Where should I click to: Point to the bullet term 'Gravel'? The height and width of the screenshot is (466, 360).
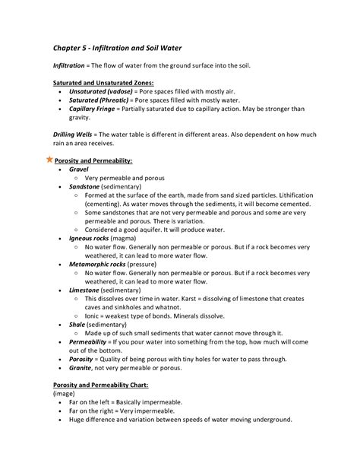[x=79, y=169]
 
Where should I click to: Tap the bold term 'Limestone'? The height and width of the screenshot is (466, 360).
[x=84, y=290]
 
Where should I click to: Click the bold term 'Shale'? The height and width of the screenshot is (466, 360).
[x=77, y=325]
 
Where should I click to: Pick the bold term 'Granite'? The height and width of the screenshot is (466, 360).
[x=80, y=368]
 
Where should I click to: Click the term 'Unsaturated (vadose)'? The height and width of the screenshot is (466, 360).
[x=103, y=90]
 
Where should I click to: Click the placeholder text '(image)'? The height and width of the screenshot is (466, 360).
[x=65, y=394]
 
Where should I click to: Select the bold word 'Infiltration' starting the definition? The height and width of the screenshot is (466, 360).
[x=70, y=65]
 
